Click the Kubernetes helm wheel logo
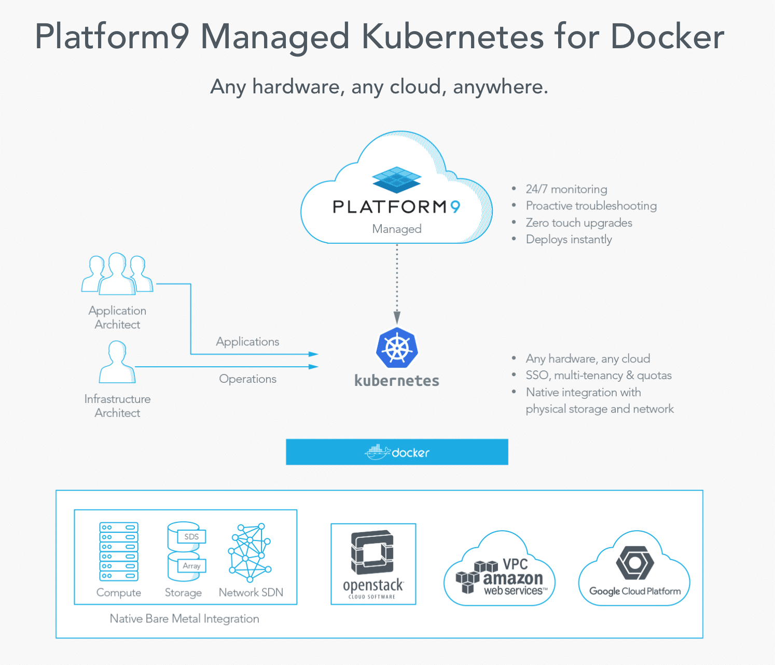pos(397,348)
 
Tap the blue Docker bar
pos(397,452)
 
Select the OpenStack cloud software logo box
pos(373,564)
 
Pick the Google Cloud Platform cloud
pos(634,573)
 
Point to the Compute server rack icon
pos(119,552)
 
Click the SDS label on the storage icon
pos(191,537)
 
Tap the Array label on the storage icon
pos(191,566)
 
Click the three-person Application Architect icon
pos(117,274)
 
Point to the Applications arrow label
pos(247,342)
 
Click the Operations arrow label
pos(247,379)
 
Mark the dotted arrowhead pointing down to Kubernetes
pos(397,317)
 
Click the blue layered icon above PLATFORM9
pos(397,179)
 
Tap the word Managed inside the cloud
pos(397,229)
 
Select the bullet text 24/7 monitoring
pos(566,189)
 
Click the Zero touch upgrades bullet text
pos(579,223)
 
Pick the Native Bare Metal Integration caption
pos(184,619)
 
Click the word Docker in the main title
pos(667,37)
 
